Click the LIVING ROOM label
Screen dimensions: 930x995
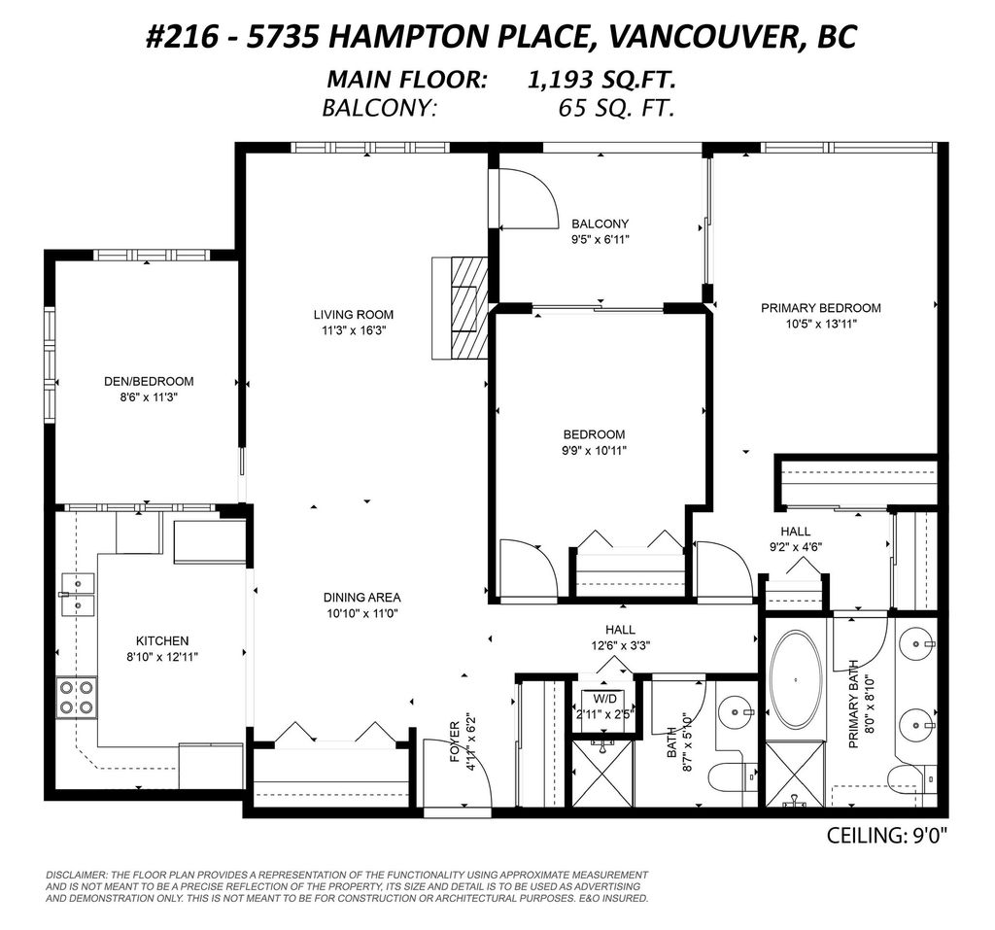tap(353, 314)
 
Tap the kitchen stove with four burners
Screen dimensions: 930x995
tap(76, 697)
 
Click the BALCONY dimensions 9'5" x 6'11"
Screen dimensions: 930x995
tap(600, 239)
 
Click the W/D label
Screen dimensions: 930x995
tap(605, 699)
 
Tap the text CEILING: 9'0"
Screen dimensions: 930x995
tap(886, 835)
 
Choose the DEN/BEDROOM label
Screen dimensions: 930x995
tap(149, 381)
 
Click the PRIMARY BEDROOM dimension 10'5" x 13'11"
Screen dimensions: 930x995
tap(820, 325)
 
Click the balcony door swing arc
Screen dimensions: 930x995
tap(530, 199)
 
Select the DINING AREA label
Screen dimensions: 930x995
tap(362, 597)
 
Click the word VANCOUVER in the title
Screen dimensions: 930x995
tap(698, 37)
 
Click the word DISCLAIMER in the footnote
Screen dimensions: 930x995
tap(77, 876)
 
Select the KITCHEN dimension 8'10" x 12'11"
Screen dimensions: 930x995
tap(162, 657)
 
